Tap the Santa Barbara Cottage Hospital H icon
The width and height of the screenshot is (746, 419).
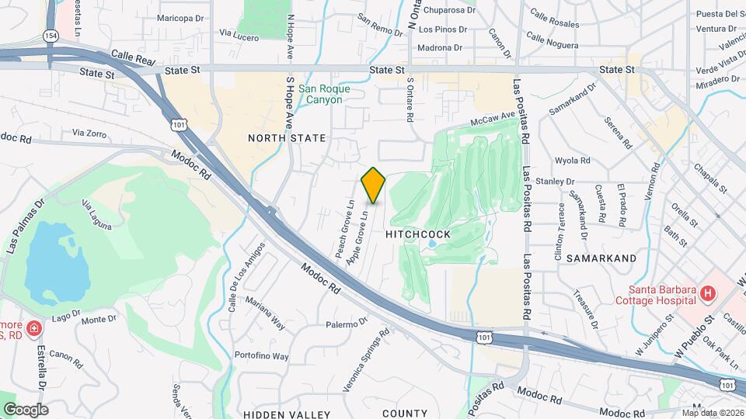click(707, 293)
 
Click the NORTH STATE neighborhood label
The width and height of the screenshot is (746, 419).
click(287, 138)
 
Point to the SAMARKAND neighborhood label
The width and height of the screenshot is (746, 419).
click(601, 258)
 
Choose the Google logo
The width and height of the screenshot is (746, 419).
click(26, 410)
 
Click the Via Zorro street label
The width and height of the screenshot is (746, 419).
click(87, 133)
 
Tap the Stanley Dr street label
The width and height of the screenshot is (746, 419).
click(570, 182)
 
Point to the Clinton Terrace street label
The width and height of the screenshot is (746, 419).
click(562, 226)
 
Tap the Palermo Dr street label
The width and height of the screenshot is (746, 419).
click(346, 324)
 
